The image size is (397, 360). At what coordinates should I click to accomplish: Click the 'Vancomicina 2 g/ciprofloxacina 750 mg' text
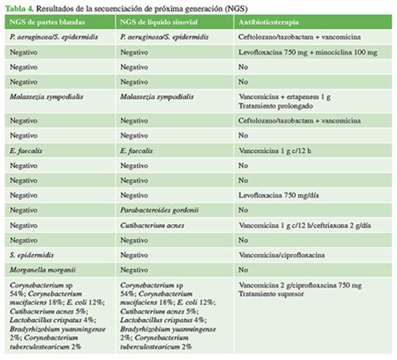click(301, 286)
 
